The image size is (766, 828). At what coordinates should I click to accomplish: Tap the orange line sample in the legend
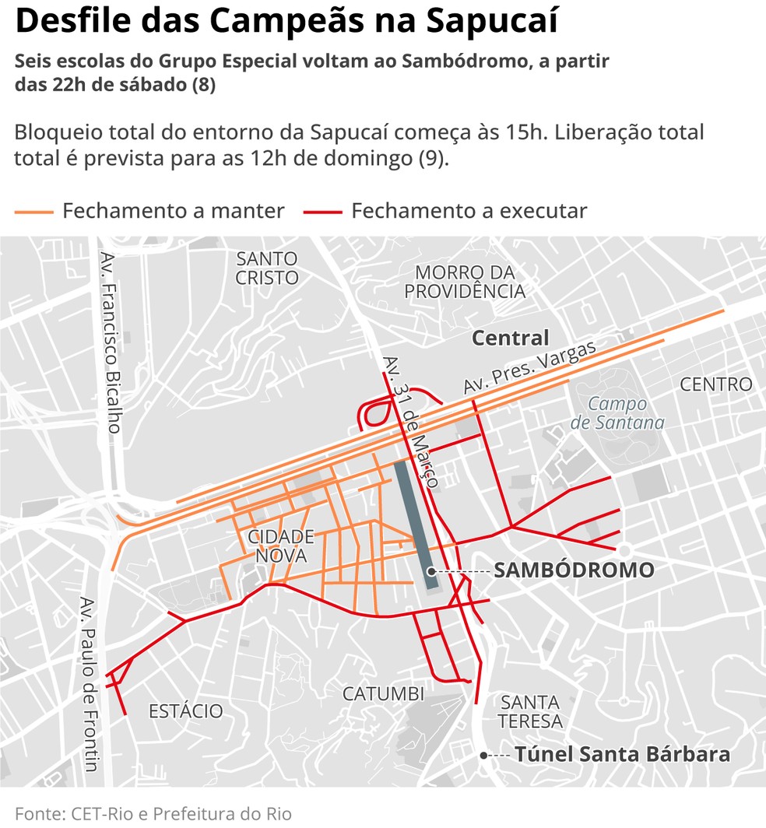33,211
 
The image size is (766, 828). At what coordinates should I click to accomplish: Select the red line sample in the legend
323,211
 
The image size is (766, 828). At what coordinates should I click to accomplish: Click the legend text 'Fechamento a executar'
469,211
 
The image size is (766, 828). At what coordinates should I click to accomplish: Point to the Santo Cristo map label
267,268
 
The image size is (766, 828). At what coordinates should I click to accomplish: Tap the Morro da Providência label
465,282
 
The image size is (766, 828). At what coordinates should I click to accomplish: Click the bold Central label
511,339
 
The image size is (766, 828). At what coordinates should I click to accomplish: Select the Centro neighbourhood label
715,384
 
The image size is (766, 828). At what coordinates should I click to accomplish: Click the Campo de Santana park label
617,414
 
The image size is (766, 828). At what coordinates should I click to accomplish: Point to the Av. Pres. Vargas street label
529,368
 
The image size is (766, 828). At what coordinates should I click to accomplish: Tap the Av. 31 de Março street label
410,421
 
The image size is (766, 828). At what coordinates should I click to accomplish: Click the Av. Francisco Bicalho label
111,342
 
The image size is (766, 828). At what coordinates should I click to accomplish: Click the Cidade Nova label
280,546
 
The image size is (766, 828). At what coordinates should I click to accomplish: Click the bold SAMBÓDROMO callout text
574,570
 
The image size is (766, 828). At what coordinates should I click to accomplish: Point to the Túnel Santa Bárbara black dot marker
484,755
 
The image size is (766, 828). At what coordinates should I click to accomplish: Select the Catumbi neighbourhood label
383,693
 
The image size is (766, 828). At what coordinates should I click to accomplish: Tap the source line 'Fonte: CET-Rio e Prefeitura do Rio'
153,814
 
